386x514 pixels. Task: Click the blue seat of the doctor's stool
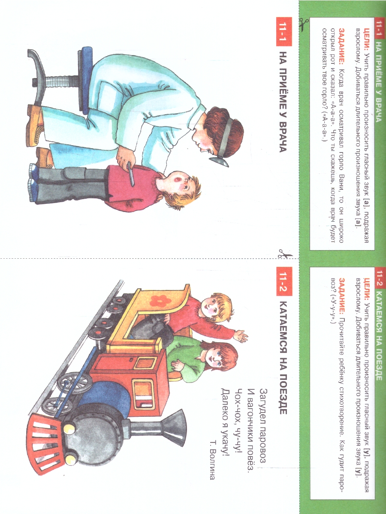[85, 80]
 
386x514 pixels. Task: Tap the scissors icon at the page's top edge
[304, 24]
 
